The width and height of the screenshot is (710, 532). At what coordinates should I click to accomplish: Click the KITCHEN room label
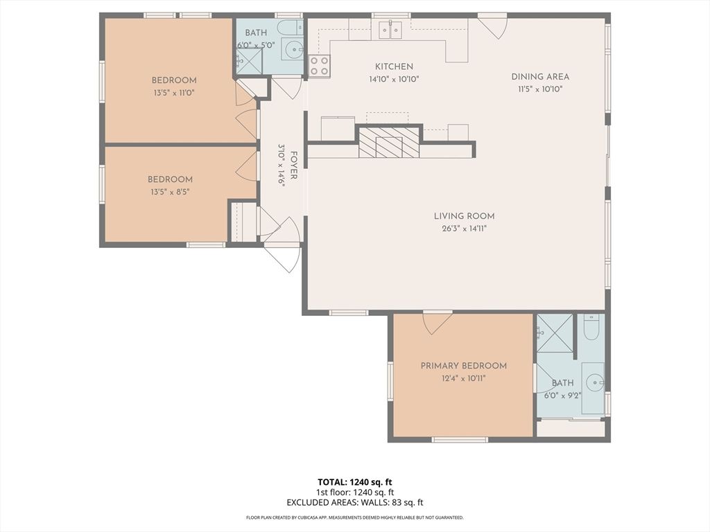coord(394,66)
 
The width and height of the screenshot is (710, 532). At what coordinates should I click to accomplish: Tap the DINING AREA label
coord(540,77)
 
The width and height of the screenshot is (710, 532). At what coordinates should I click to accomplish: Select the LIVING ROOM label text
coord(464,216)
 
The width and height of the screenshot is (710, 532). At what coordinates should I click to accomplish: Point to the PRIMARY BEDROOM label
coord(464,366)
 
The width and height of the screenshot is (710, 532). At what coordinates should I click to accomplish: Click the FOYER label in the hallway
coord(293,165)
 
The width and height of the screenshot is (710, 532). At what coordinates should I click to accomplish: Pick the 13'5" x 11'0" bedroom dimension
coord(174,94)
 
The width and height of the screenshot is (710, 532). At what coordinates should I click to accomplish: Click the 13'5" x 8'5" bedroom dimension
coord(170,192)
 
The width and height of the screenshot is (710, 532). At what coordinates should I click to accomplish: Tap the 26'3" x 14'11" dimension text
coord(464,229)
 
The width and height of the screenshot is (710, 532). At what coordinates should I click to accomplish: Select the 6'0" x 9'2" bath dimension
coord(563,395)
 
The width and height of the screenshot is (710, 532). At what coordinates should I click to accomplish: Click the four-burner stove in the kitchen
coord(319,66)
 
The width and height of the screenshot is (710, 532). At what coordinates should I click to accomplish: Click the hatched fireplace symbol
coord(389,142)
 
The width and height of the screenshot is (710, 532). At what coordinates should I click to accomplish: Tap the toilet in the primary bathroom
coord(591,327)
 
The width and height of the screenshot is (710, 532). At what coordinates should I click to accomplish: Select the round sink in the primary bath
coord(594,383)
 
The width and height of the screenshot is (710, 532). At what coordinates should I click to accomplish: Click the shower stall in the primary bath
coord(555,333)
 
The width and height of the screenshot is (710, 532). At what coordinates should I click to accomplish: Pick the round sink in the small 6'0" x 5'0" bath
coord(293,47)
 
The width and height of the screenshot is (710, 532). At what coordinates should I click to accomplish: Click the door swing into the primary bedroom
coord(437,323)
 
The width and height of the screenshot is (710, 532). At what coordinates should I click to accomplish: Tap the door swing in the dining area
coord(493,27)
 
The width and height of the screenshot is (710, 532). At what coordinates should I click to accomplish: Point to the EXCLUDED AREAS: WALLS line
coord(355,502)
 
